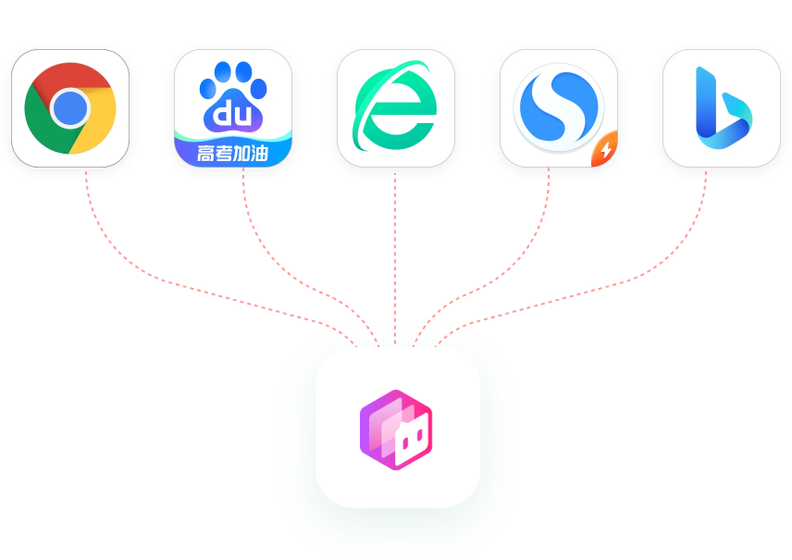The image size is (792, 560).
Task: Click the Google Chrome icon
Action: (70, 108)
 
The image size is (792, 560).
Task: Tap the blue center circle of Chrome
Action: (70, 108)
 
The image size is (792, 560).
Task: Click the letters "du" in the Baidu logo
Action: (232, 113)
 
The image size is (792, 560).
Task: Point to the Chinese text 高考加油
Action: (232, 153)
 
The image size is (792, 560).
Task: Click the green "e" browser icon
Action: (395, 107)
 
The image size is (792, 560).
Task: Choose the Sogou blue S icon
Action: (559, 107)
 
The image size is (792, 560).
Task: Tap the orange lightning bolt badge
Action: (605, 149)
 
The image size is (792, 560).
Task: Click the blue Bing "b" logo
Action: (723, 108)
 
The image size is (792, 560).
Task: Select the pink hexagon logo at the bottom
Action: (396, 430)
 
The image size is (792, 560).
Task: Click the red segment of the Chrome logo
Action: (70, 76)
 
